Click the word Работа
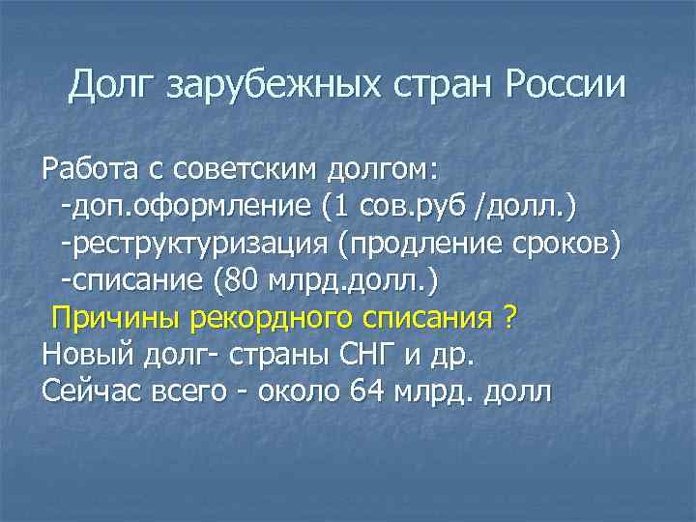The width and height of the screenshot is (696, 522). tap(89, 170)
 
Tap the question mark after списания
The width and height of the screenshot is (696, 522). tap(509, 317)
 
